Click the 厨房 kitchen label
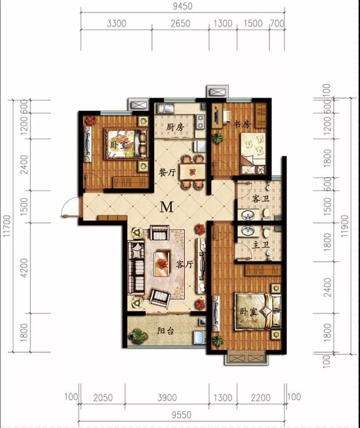pyautogui.click(x=175, y=127)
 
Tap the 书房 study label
pyautogui.click(x=242, y=125)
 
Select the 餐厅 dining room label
pyautogui.click(x=167, y=172)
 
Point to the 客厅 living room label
pyautogui.click(x=185, y=264)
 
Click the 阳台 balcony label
pyautogui.click(x=166, y=331)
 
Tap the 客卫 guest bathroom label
pyautogui.click(x=261, y=199)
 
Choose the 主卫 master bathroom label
pyautogui.click(x=261, y=245)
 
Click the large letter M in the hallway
pyautogui.click(x=166, y=207)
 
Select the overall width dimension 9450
pyautogui.click(x=182, y=6)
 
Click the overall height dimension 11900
pyautogui.click(x=345, y=226)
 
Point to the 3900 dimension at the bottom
pyautogui.click(x=167, y=398)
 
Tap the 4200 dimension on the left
pyautogui.click(x=24, y=268)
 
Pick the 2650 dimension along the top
pyautogui.click(x=180, y=23)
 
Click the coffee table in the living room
pyautogui.click(x=162, y=264)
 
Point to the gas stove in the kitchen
pyautogui.click(x=201, y=122)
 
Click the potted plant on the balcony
pyautogui.click(x=139, y=336)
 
